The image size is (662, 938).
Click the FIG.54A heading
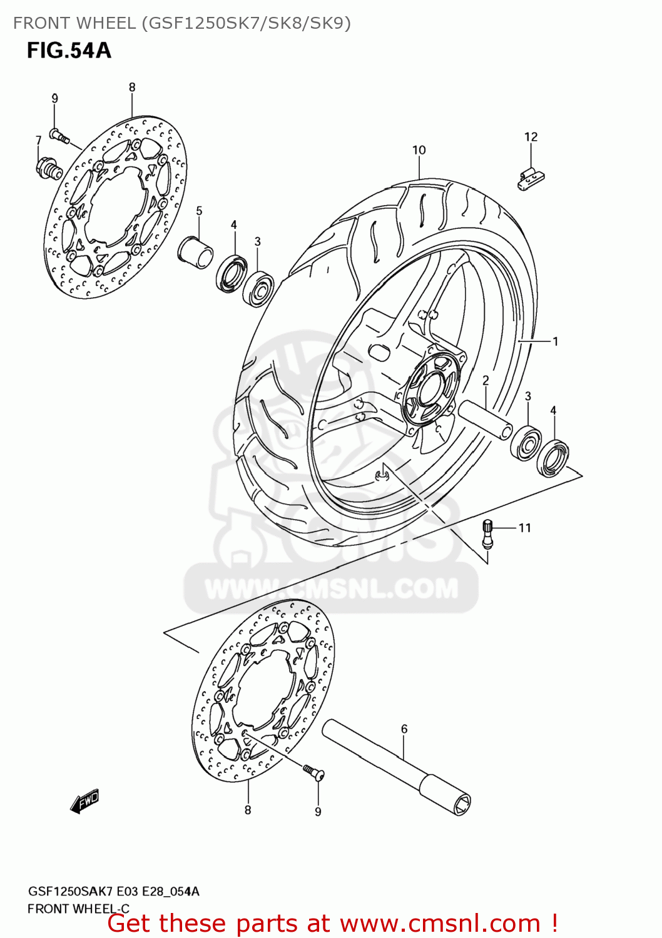click(69, 50)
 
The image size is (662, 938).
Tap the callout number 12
click(531, 137)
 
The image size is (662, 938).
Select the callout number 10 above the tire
click(419, 150)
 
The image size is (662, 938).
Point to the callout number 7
click(39, 140)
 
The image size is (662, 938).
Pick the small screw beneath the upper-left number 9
click(59, 135)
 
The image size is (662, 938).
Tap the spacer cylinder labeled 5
click(195, 252)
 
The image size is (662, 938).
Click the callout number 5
click(199, 211)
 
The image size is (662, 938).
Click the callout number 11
click(524, 528)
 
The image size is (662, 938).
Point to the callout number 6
click(404, 729)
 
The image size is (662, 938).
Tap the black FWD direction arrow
click(85, 801)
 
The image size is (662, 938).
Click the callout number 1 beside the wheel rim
click(555, 341)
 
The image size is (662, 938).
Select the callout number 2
click(486, 380)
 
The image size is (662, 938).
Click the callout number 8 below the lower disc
click(248, 810)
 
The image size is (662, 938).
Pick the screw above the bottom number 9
click(313, 772)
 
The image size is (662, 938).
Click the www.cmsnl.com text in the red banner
click(439, 924)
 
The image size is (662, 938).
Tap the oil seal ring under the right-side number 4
click(553, 458)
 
